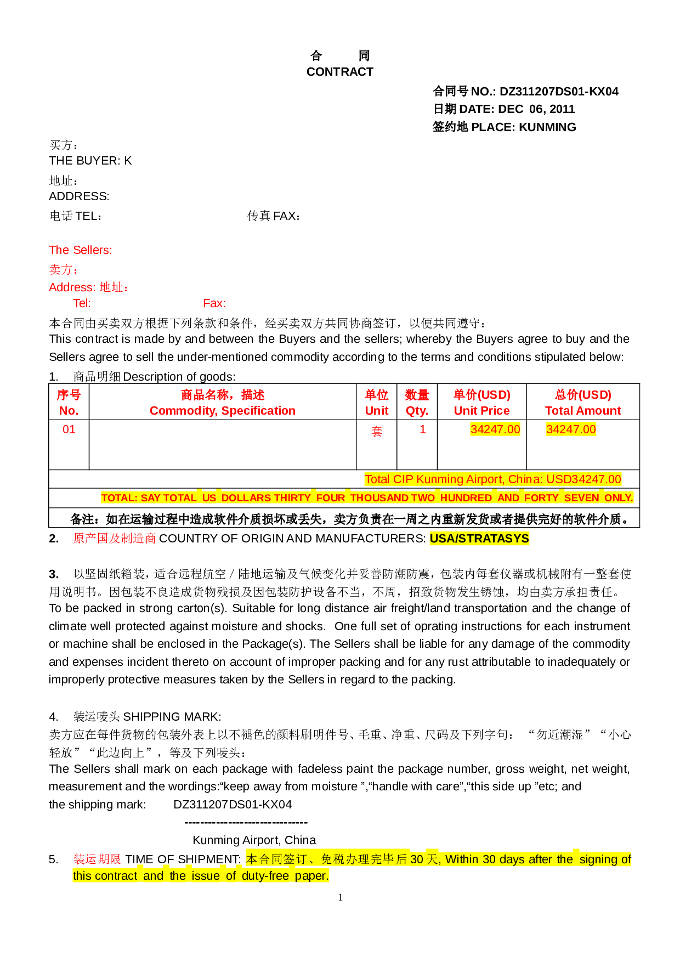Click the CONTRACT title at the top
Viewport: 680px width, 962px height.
click(x=340, y=72)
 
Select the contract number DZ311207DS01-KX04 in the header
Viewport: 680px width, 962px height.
click(x=559, y=92)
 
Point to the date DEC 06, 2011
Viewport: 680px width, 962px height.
click(x=536, y=109)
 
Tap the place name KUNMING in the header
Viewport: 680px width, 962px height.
click(x=547, y=127)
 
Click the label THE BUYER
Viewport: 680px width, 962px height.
click(x=84, y=161)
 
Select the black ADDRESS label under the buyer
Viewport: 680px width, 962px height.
click(x=79, y=196)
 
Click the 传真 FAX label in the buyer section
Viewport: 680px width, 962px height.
click(x=274, y=216)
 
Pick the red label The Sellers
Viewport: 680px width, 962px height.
click(x=81, y=250)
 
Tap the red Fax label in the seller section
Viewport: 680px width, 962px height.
click(x=214, y=303)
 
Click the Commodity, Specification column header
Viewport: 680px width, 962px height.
click(x=223, y=411)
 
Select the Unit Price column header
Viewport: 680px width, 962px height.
click(x=482, y=411)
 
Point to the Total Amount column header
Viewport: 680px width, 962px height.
click(x=583, y=411)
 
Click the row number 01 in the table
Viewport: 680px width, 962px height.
click(x=69, y=429)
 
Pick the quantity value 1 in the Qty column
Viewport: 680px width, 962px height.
click(x=423, y=429)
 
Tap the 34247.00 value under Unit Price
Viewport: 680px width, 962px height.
click(x=495, y=429)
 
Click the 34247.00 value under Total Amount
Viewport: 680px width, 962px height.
click(x=571, y=429)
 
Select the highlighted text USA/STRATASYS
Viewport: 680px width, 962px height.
click(x=479, y=539)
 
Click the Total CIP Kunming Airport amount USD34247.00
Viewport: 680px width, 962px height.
click(x=584, y=479)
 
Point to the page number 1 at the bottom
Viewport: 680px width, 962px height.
click(x=341, y=897)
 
